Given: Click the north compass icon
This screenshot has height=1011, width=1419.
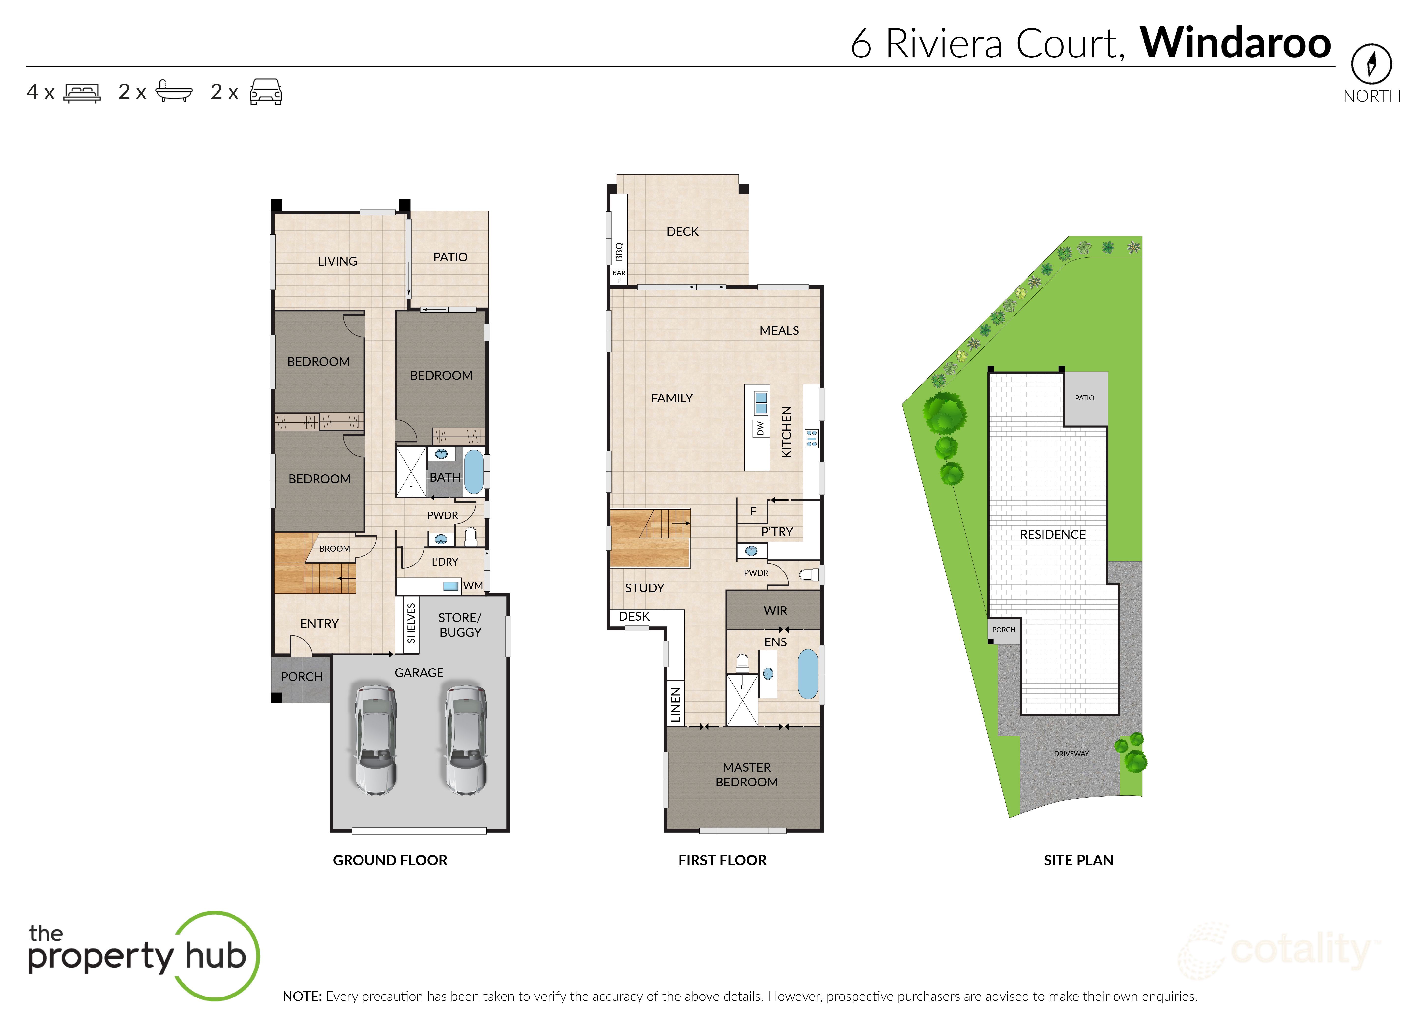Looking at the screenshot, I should (x=1371, y=63).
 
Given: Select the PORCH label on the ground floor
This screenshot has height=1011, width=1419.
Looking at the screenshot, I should (x=301, y=677).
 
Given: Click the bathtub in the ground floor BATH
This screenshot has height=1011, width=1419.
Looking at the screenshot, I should (x=474, y=471).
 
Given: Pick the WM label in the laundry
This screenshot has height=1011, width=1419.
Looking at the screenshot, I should (x=473, y=586).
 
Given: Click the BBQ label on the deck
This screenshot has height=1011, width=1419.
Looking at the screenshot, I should (x=619, y=252).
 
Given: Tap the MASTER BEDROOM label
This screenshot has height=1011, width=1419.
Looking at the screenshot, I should (x=747, y=774).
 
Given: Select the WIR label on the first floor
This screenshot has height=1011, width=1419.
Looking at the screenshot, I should (x=775, y=611).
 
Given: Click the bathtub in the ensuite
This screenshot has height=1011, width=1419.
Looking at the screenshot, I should (x=808, y=674).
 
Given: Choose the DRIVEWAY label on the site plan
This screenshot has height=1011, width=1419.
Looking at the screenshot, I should (x=1071, y=753).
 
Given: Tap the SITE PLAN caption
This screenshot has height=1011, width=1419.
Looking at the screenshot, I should (x=1078, y=860).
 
